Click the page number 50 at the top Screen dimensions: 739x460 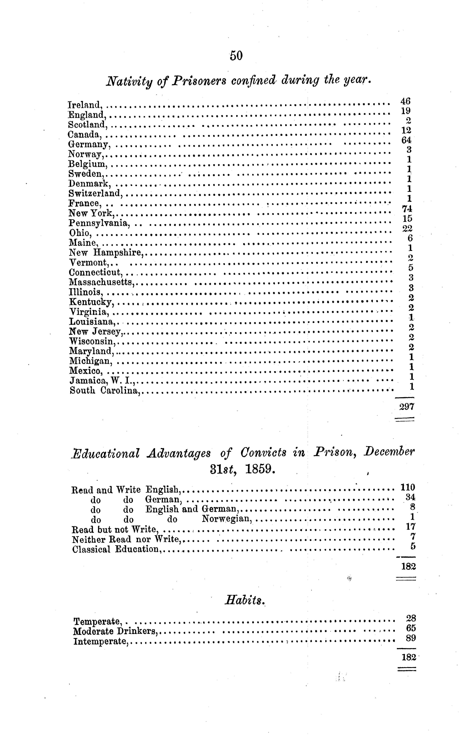[x=236, y=56]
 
